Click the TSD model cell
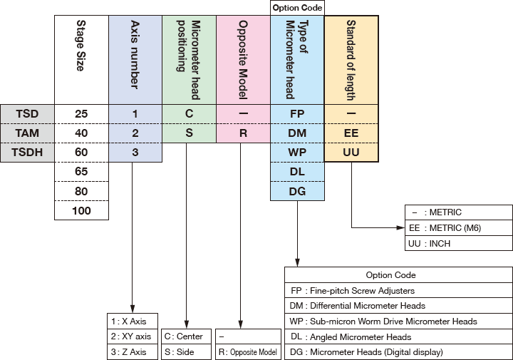pos(27,113)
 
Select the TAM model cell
pos(27,133)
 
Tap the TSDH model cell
pos(27,152)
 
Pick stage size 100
pos(82,210)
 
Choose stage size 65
pos(82,172)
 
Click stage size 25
pos(82,113)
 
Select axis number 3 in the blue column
pos(135,152)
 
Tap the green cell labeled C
pos(189,113)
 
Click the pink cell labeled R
pos(242,133)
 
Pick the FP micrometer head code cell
pos(297,113)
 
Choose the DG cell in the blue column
pos(297,191)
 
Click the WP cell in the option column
pos(297,152)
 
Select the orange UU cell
pos(351,152)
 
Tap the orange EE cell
pos(351,133)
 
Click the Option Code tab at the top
pos(297,8)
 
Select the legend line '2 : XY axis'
pos(132,336)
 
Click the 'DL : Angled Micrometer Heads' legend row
pos(398,336)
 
